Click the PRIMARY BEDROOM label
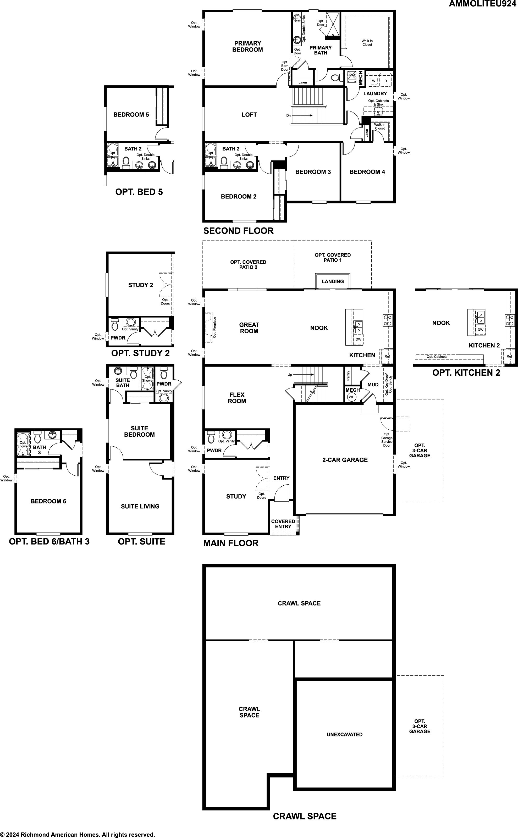pyautogui.click(x=247, y=46)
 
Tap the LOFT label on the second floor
pyautogui.click(x=249, y=115)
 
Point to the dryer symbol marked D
pyautogui.click(x=385, y=80)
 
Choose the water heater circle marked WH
pyautogui.click(x=351, y=397)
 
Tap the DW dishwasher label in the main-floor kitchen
pyautogui.click(x=358, y=339)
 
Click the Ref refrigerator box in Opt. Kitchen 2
pyautogui.click(x=509, y=356)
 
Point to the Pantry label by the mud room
pyautogui.click(x=348, y=375)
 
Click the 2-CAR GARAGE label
pyautogui.click(x=345, y=460)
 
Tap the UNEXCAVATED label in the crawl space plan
pyautogui.click(x=345, y=735)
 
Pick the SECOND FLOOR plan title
pyautogui.click(x=239, y=231)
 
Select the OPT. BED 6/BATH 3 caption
pyautogui.click(x=49, y=541)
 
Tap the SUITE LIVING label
pyautogui.click(x=140, y=507)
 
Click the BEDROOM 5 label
pyautogui.click(x=131, y=115)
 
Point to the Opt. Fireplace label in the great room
pyautogui.click(x=214, y=328)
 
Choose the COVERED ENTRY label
pyautogui.click(x=283, y=524)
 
